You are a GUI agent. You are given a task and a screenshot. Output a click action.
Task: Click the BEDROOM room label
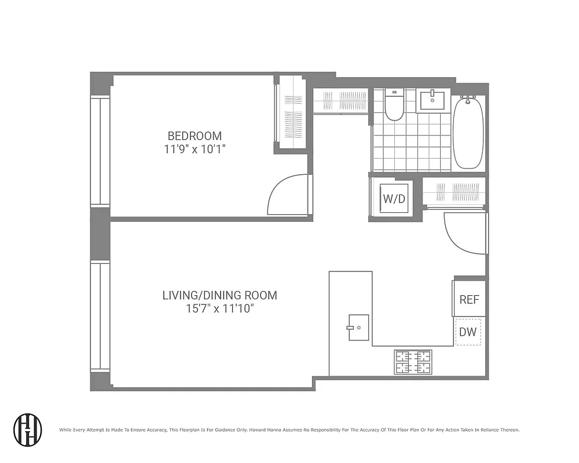[195, 136]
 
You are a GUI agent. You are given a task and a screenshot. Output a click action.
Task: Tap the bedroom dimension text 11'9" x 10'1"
[195, 149]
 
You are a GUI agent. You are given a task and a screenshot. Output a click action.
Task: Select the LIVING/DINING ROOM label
[219, 295]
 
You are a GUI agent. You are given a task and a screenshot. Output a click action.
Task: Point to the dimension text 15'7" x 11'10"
[219, 308]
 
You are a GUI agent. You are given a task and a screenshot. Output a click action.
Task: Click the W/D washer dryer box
[394, 199]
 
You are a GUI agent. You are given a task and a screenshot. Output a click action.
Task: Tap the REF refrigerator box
[469, 299]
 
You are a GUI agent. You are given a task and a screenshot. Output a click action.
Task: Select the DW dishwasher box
[468, 332]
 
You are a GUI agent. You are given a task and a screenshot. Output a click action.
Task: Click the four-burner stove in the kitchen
[413, 362]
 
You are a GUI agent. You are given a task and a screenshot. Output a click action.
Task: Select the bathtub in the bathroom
[468, 133]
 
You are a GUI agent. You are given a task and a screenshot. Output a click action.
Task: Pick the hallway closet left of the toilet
[340, 101]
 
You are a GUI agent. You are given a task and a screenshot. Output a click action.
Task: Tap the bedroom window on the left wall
[100, 152]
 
